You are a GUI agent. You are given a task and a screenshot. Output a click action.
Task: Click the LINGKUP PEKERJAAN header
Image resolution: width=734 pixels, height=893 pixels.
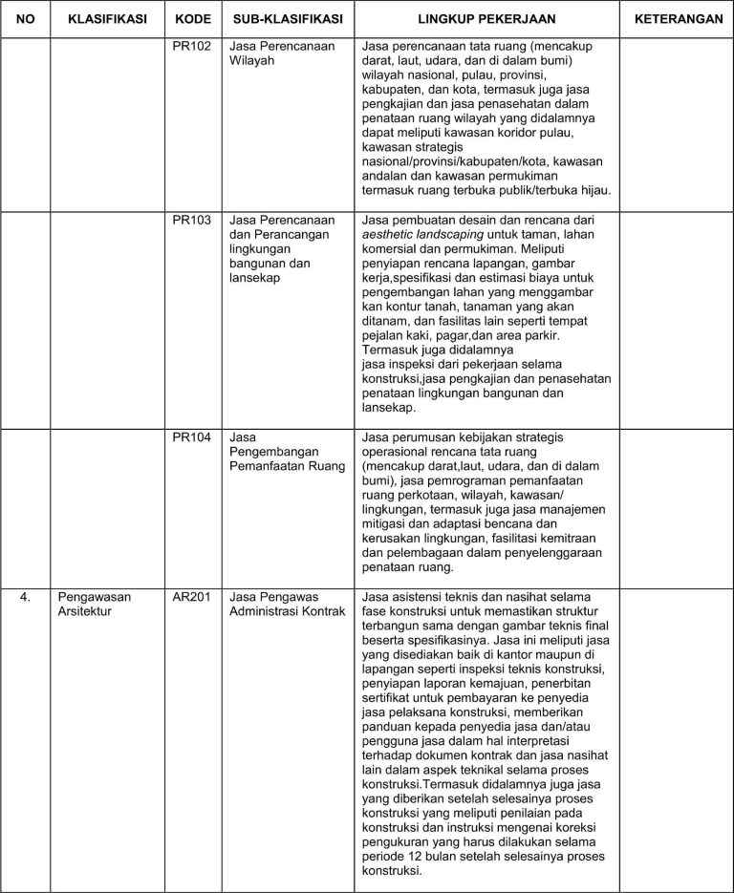coord(487,19)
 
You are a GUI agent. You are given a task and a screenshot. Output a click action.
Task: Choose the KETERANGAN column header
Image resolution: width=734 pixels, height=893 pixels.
coord(678,19)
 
